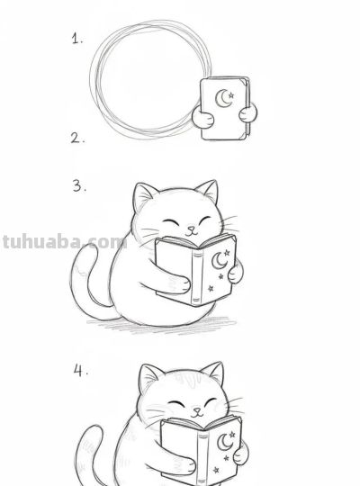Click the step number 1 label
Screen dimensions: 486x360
point(77,39)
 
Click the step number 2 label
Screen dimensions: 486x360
point(77,138)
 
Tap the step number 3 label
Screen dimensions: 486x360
point(79,186)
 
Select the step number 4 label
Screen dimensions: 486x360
point(80,371)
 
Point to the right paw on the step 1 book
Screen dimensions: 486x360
point(249,112)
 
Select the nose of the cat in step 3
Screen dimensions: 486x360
point(189,229)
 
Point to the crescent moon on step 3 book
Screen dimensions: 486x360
point(219,260)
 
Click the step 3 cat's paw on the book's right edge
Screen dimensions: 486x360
point(235,272)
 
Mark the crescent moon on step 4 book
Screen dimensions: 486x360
point(225,443)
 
